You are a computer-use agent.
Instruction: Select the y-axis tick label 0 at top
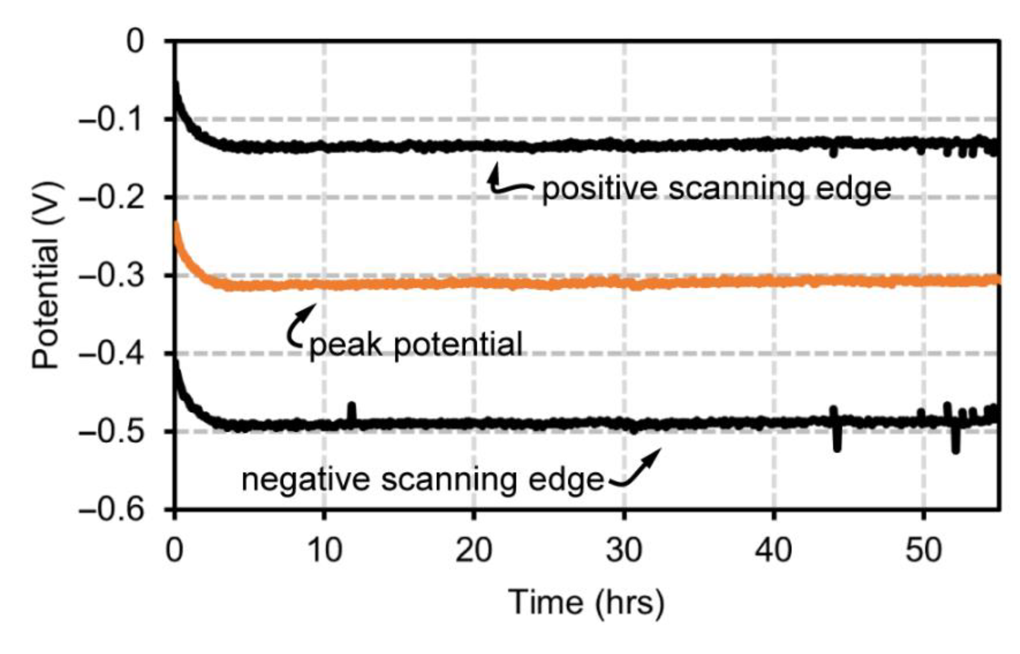pos(135,43)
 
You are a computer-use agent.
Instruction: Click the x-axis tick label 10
pos(324,551)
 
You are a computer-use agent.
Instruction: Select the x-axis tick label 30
pos(623,551)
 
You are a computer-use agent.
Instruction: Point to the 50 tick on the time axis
pos(923,551)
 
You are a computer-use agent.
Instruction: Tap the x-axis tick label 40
pos(773,551)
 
